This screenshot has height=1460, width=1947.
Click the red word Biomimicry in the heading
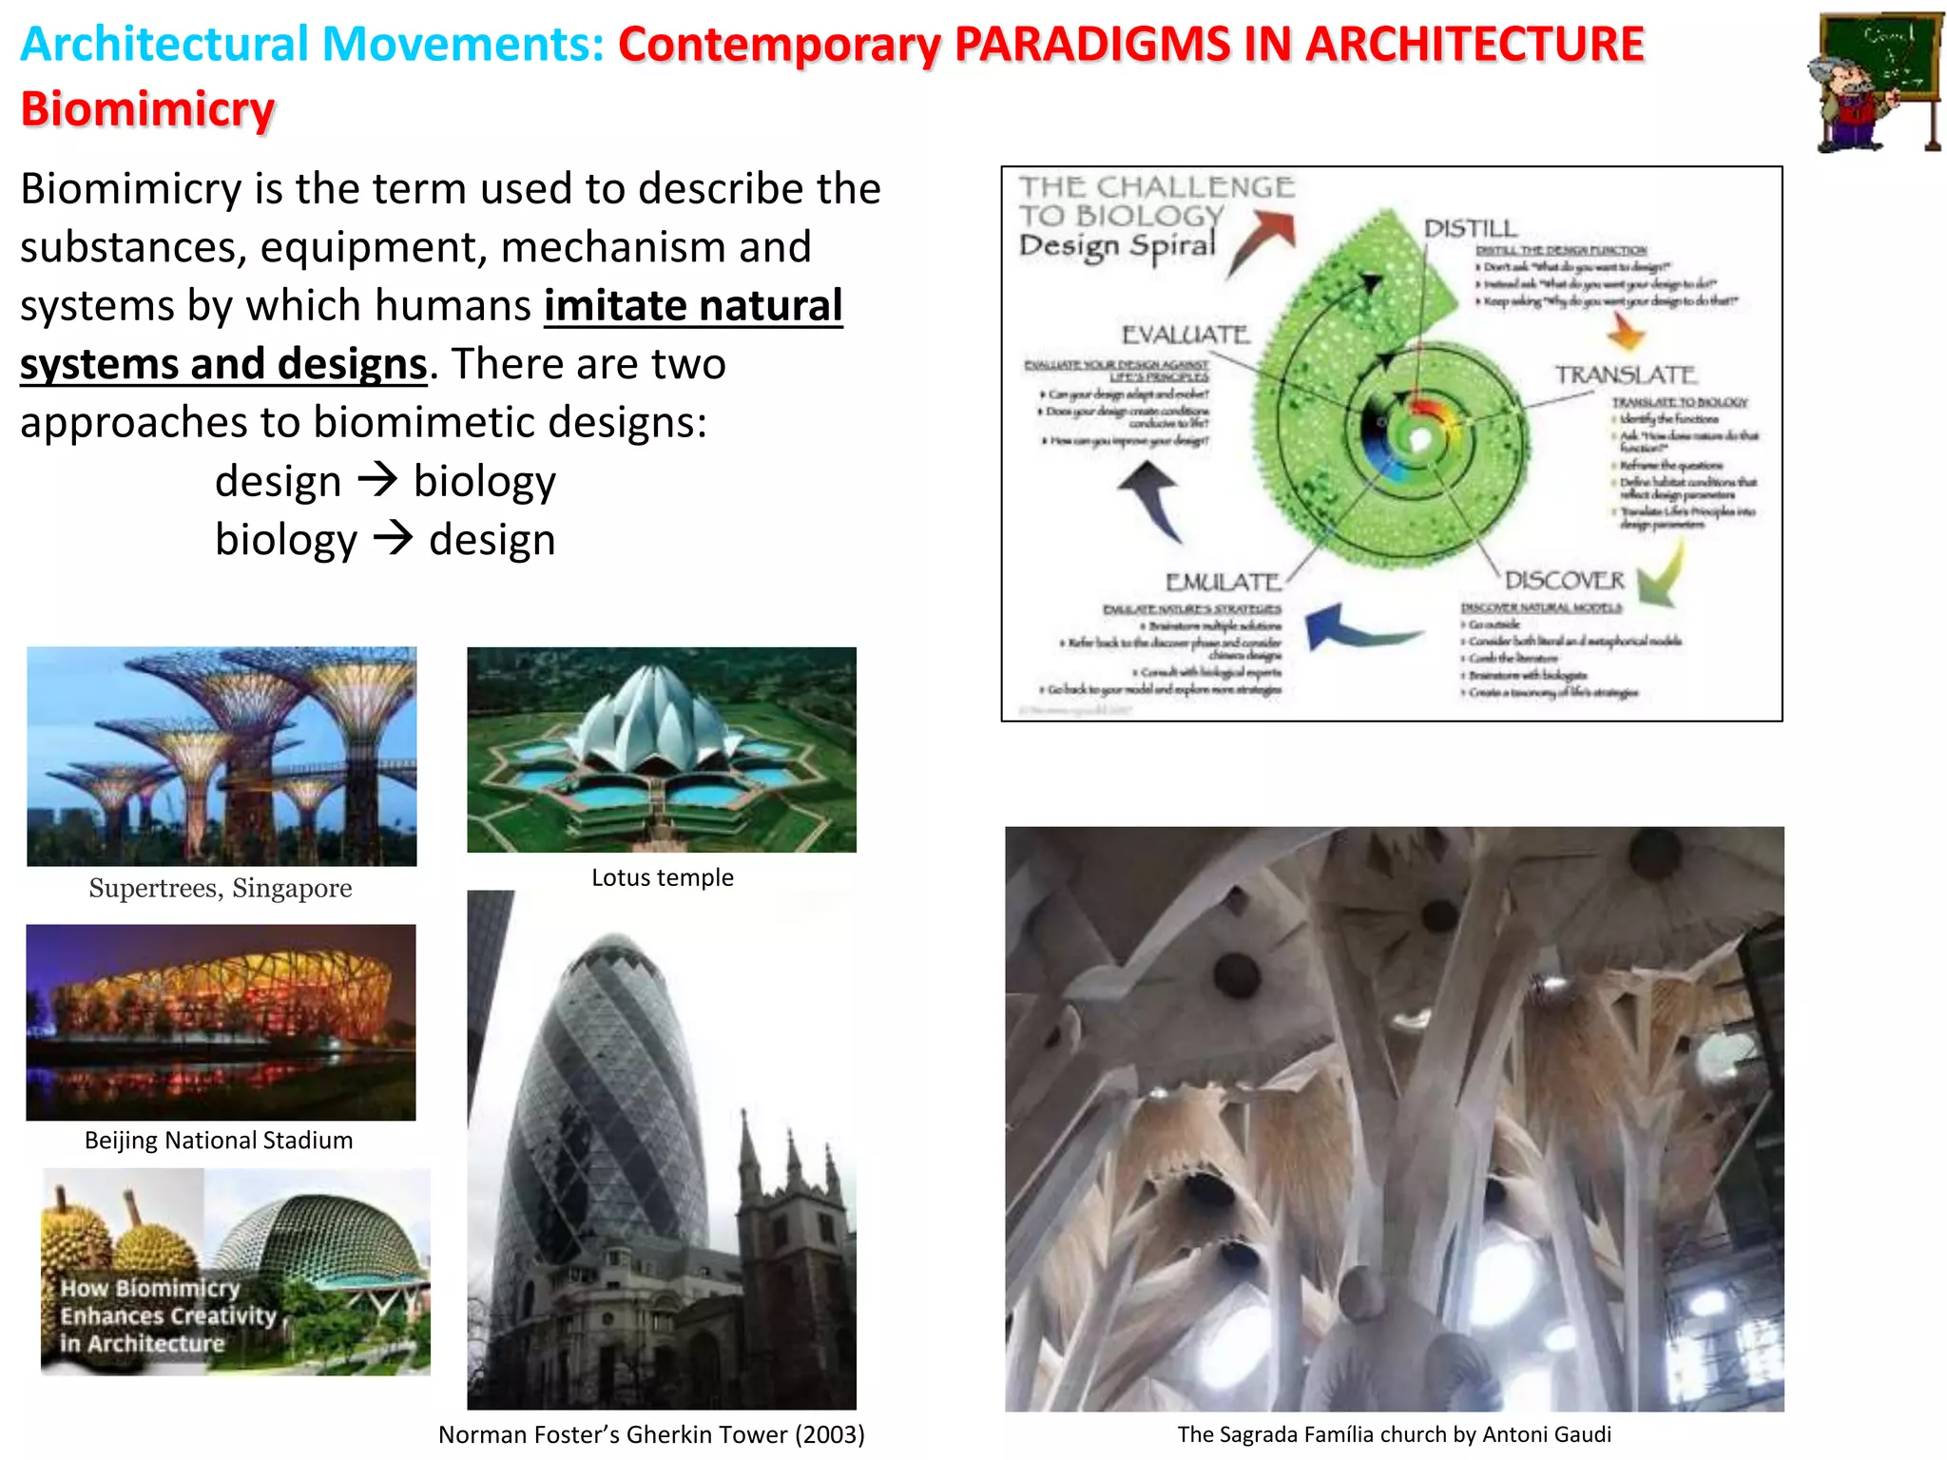coord(147,109)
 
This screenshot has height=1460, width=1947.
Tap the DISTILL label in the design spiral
coord(1470,228)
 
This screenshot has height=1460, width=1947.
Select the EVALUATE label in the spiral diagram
coord(1186,335)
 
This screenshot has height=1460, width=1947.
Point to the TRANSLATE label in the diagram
coord(1625,375)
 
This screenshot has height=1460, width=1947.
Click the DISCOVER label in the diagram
coord(1564,580)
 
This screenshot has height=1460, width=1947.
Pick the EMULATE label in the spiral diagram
coord(1224,582)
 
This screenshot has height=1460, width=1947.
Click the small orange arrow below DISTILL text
coord(1626,332)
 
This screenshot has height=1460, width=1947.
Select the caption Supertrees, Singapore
coord(221,888)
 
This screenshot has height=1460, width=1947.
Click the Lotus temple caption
coord(662,877)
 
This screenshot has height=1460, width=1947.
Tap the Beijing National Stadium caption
coord(219,1140)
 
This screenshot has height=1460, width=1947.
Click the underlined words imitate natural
coord(693,306)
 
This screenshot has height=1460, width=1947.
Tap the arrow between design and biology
coord(377,480)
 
